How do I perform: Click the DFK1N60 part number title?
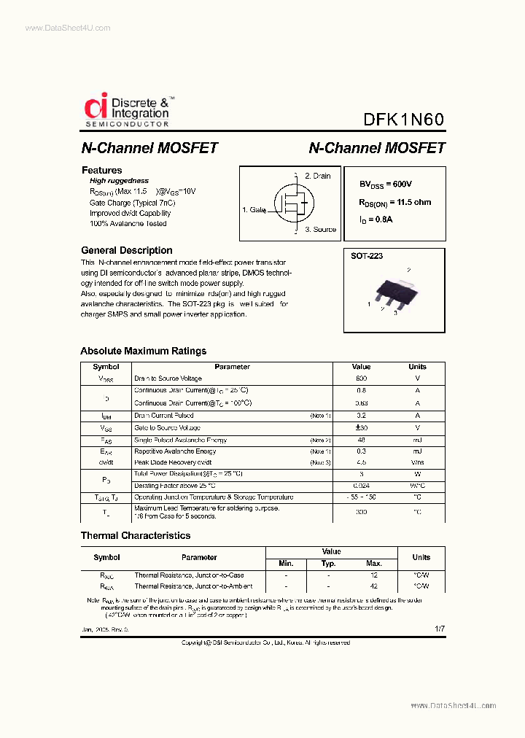click(x=403, y=120)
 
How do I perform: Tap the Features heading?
click(x=101, y=170)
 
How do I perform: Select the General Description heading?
click(x=126, y=250)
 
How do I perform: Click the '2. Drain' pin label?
click(x=317, y=176)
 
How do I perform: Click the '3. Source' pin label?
click(x=320, y=229)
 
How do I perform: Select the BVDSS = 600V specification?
click(x=390, y=185)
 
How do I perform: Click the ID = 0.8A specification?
click(x=376, y=220)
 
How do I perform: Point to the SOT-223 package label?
click(x=367, y=257)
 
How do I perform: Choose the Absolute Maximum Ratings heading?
click(x=143, y=351)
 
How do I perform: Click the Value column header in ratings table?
click(x=361, y=367)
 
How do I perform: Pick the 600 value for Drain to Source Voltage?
click(x=361, y=379)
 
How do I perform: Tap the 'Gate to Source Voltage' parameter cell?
click(x=167, y=428)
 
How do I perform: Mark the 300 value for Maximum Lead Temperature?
click(x=361, y=513)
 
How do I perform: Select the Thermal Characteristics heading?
click(x=135, y=535)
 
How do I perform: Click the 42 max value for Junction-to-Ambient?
click(x=374, y=586)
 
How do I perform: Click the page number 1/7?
click(x=439, y=629)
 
